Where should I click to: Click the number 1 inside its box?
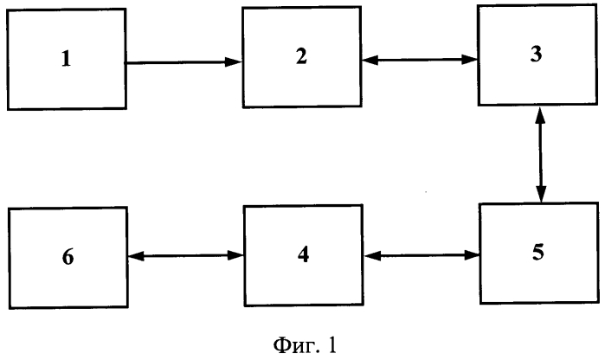tap(67, 59)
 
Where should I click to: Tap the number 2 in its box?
tap(301, 56)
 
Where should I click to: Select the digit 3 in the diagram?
tap(536, 54)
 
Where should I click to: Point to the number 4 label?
tap(303, 254)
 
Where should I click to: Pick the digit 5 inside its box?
tap(538, 252)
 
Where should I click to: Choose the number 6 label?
tap(68, 257)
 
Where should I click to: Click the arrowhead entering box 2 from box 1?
tap(234, 61)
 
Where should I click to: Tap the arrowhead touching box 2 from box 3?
tap(370, 60)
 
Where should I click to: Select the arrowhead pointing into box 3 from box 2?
tap(470, 60)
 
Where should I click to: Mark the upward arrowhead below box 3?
tap(540, 115)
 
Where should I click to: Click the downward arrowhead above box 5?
tap(541, 194)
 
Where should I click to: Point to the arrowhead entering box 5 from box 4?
tap(472, 255)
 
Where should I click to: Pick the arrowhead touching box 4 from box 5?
tap(373, 255)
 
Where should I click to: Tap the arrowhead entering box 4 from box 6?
tap(235, 255)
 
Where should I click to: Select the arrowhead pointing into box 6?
tap(136, 256)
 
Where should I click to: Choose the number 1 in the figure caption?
tap(332, 344)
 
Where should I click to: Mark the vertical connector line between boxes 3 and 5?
tap(541, 155)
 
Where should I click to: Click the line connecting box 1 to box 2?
tap(184, 62)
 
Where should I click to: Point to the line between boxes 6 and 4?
tap(186, 255)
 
